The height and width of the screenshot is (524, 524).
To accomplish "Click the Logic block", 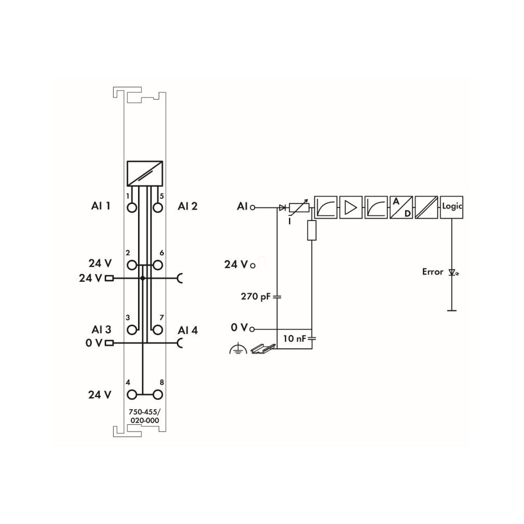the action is [451, 207].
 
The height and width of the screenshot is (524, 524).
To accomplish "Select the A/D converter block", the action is [401, 207].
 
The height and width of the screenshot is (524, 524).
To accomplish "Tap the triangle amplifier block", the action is [351, 207].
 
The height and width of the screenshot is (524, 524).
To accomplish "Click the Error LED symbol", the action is [453, 273].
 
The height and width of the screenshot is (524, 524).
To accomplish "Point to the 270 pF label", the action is [255, 296].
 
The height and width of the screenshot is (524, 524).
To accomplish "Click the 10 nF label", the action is [294, 339].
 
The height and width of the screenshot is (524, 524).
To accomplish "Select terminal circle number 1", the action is [132, 208].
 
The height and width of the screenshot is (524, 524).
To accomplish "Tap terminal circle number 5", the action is [158, 208].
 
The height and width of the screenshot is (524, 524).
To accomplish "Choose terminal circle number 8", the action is [158, 395].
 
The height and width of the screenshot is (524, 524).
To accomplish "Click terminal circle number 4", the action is [132, 395].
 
